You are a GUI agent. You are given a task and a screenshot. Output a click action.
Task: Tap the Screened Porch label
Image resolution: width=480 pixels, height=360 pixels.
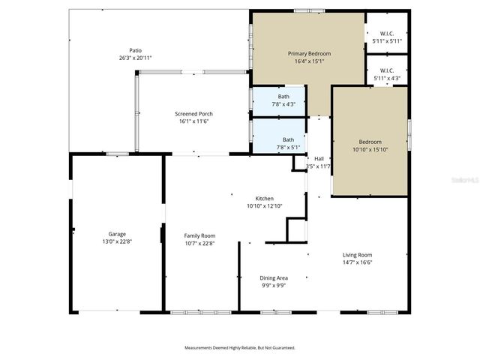pos(194,113)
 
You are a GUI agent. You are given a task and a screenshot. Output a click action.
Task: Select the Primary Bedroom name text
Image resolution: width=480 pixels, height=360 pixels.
pos(310,54)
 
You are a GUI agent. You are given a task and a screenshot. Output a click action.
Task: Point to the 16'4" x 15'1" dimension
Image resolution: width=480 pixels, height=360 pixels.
pos(310,61)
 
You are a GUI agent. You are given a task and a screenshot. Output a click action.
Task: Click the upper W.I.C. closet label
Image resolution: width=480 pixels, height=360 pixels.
pos(387,33)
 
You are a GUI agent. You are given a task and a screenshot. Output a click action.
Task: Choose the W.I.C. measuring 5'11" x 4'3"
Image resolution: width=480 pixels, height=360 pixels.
pos(387,78)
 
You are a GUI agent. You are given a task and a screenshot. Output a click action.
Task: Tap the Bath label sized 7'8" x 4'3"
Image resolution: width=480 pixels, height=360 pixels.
pos(283,97)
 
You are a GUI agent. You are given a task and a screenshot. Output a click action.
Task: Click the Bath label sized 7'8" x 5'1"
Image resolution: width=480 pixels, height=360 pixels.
pos(288,139)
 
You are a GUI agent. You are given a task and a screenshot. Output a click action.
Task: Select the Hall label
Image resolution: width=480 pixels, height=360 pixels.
pos(319,158)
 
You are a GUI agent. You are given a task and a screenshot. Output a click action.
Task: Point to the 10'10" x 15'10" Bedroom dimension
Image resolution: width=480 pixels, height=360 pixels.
pos(370,149)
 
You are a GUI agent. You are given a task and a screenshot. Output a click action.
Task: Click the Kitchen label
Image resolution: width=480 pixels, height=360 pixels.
pos(265,199)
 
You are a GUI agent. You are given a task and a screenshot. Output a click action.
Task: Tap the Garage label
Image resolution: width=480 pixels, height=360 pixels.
pos(116,234)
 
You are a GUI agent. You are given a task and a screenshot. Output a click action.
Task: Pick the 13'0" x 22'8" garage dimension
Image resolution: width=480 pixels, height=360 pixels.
pos(116,241)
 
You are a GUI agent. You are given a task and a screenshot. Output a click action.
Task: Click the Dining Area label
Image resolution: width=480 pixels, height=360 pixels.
pos(273,277)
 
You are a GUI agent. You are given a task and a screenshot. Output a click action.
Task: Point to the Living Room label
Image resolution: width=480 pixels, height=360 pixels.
pos(358,254)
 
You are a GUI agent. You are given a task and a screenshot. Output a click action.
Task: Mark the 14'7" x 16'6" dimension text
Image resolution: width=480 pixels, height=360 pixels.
pos(358,262)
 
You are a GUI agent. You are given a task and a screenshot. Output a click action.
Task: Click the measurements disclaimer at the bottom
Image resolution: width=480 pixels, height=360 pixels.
pos(240,347)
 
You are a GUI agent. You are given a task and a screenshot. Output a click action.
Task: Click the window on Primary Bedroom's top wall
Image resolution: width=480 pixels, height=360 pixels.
pos(304,10)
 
